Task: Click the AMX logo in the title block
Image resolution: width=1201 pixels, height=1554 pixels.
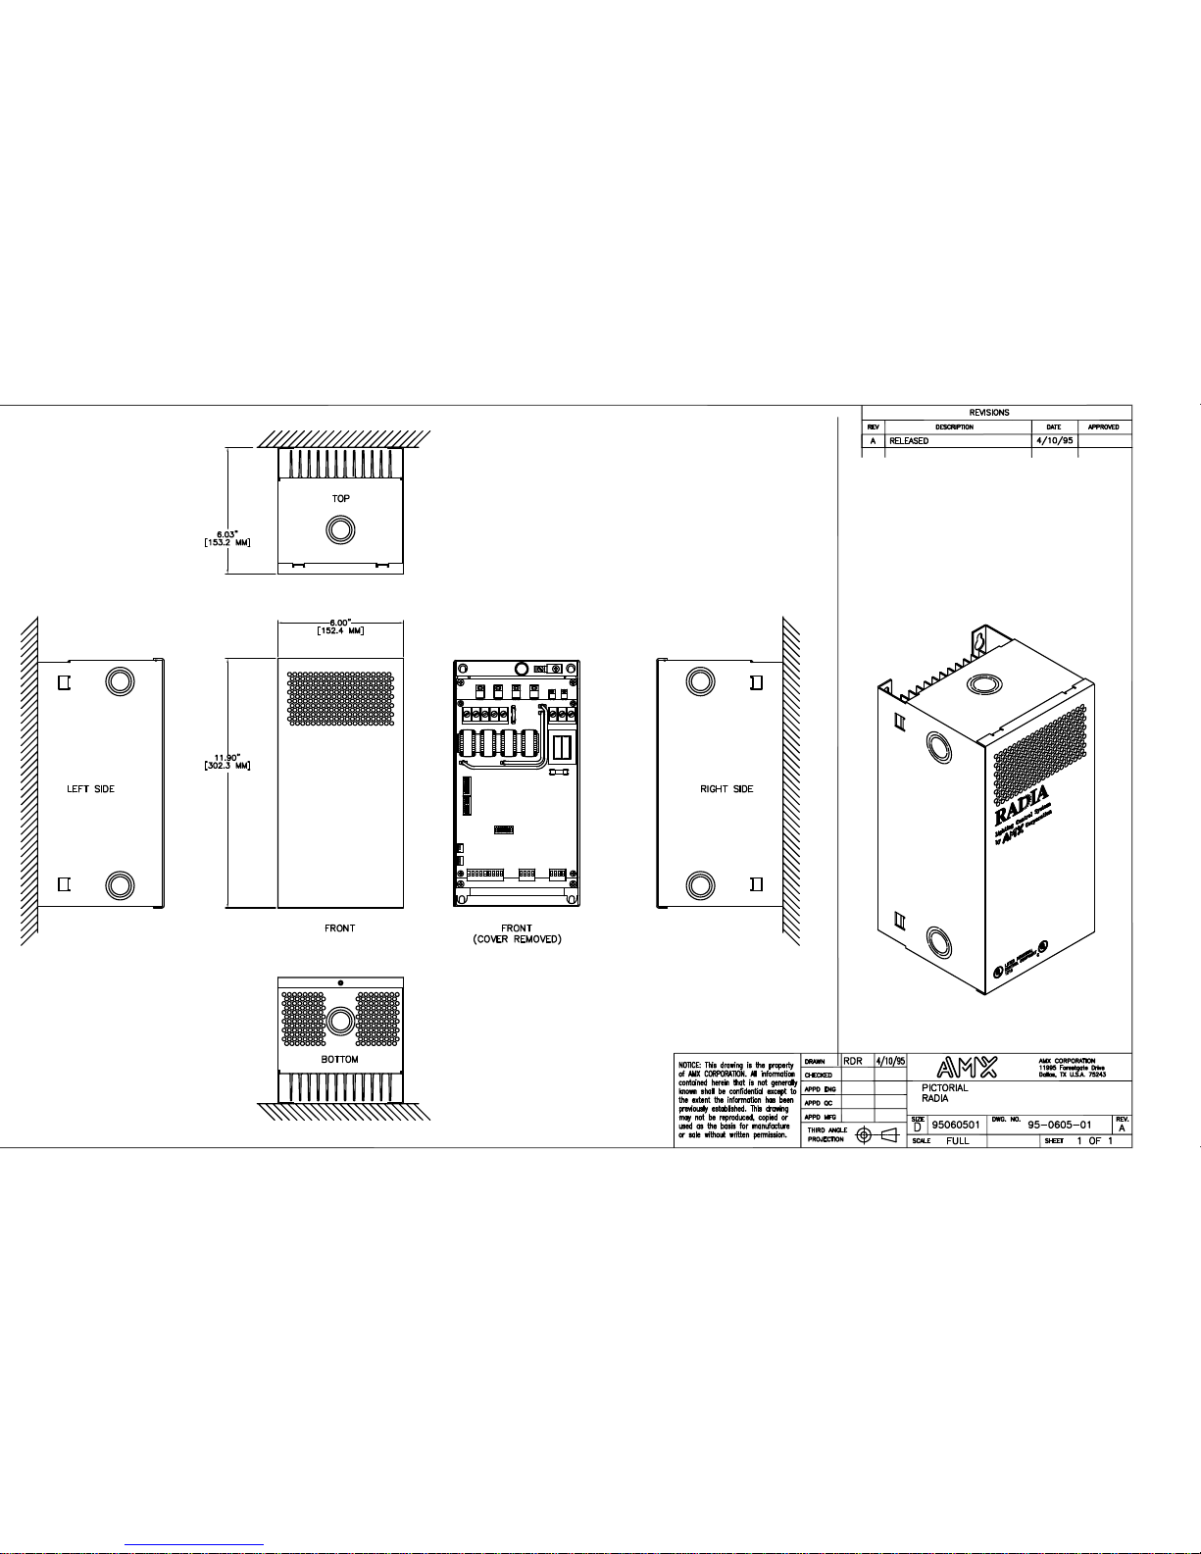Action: point(967,1067)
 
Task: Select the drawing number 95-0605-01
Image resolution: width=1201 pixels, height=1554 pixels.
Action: point(1059,1125)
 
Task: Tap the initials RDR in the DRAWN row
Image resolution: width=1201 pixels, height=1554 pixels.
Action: point(853,1061)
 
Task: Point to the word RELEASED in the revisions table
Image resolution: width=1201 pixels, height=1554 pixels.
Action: point(909,441)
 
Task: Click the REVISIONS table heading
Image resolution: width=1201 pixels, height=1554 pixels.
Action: point(988,413)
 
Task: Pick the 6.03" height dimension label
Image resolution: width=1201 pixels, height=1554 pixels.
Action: point(228,534)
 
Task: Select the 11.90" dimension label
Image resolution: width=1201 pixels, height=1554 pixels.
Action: point(228,757)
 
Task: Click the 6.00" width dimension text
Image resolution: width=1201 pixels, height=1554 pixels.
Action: point(340,623)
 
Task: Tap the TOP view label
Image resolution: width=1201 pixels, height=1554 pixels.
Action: point(340,498)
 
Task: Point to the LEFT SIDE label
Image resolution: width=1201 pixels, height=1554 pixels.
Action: point(90,788)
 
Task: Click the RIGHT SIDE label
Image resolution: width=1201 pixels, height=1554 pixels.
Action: point(726,788)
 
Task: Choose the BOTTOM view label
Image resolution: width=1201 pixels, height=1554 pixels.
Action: point(340,1059)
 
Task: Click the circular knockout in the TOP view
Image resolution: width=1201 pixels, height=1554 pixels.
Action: point(340,529)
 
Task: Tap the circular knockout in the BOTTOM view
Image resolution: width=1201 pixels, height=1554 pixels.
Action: point(340,1021)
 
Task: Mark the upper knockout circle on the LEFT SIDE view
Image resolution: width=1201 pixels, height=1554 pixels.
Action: point(119,681)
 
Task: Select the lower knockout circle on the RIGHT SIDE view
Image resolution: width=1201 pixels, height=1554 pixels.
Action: point(700,884)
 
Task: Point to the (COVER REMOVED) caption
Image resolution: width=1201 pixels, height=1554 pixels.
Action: point(517,939)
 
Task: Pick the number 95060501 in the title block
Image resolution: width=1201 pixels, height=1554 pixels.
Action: point(955,1126)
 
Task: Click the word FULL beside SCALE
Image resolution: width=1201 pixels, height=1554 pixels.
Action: point(957,1140)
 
